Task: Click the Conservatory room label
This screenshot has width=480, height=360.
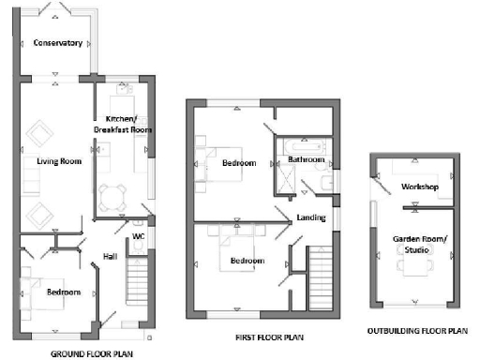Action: click(57, 43)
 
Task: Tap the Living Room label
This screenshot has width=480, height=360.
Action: click(59, 161)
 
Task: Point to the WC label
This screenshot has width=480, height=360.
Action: click(138, 236)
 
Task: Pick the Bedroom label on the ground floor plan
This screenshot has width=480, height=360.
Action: click(64, 292)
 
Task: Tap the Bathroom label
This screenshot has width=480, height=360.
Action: click(306, 160)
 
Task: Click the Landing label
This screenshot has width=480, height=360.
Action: click(310, 219)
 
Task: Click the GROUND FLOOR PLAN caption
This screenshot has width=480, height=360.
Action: click(90, 353)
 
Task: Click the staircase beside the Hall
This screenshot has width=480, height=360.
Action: click(138, 281)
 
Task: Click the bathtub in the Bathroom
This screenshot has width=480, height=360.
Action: click(306, 145)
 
